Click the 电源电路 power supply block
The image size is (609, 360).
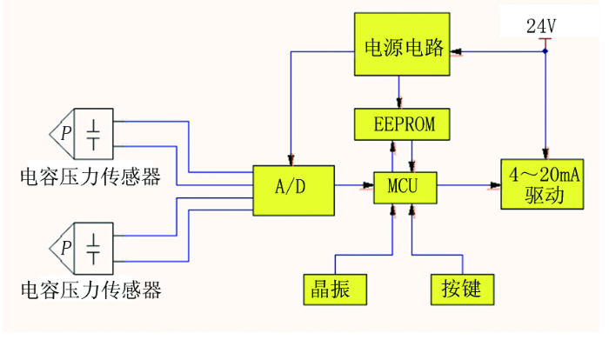402,44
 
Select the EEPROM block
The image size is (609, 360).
402,124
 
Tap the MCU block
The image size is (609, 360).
405,188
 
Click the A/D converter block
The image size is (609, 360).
294,190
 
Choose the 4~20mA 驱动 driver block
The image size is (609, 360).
542,184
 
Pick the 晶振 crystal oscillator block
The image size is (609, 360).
335,290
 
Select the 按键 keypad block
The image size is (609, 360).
463,290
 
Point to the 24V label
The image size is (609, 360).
541,26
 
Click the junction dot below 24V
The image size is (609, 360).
545,51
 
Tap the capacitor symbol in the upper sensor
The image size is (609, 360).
93,135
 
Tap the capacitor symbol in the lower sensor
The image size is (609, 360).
93,249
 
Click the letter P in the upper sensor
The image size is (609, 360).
66,133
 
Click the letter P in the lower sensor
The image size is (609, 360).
66,247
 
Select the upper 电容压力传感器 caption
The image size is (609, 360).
90,177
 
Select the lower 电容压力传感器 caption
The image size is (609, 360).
91,290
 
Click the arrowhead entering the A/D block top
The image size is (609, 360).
291,160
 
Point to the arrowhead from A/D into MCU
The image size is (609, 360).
368,185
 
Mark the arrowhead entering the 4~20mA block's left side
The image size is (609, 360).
495,185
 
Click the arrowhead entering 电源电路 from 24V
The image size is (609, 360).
456,51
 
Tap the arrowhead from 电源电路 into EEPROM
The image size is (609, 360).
398,103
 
